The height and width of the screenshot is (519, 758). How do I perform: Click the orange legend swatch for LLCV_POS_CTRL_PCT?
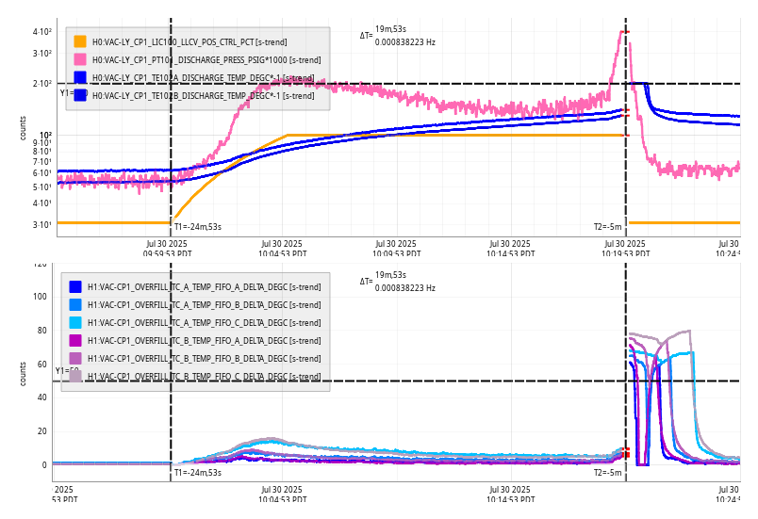coord(80,41)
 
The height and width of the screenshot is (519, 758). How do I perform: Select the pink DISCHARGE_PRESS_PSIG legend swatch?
coord(80,59)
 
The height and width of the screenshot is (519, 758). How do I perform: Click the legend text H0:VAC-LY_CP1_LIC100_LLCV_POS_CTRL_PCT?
coord(173,42)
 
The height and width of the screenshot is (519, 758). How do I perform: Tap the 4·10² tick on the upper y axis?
coord(42,32)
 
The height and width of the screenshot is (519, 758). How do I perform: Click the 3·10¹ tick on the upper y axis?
coord(42,224)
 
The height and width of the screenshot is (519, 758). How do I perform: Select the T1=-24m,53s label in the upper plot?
coord(198,226)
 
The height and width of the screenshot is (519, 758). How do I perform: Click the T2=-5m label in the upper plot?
coord(607,226)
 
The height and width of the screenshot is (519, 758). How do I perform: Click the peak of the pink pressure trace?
coord(623,32)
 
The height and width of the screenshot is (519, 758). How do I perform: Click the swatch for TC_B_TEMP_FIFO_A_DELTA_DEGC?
coord(75,340)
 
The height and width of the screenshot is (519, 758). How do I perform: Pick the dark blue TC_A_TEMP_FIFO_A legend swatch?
coord(75,286)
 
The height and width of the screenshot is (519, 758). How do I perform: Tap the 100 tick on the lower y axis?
coord(39,297)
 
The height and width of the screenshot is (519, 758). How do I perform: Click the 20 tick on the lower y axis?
coord(41,431)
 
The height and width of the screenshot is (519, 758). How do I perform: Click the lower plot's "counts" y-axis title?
coord(23,373)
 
